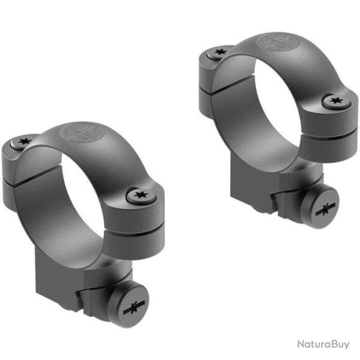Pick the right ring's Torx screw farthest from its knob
pyautogui.click(x=218, y=54)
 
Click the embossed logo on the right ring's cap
pyautogui.click(x=271, y=43)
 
